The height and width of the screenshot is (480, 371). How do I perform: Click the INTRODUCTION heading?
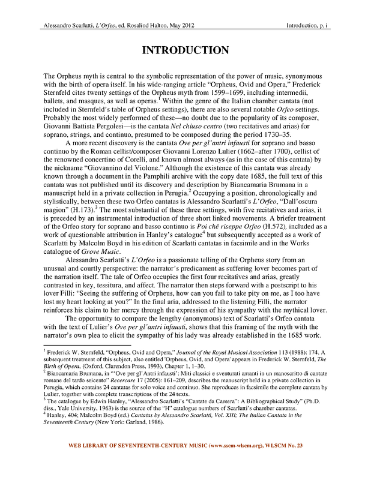185,49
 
